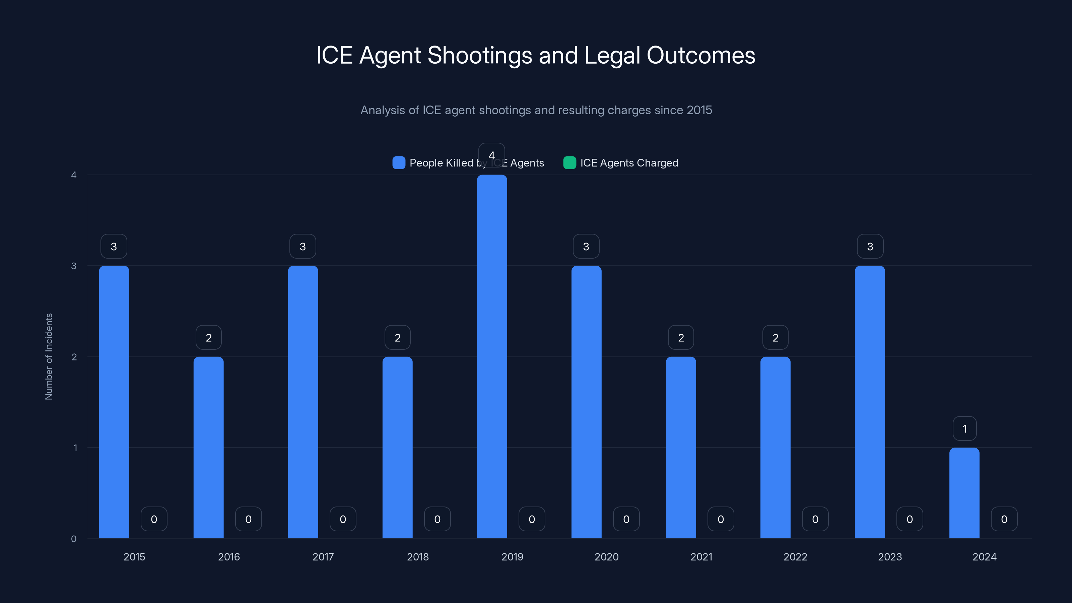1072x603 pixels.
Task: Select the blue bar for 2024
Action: (964, 493)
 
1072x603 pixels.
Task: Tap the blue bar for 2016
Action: (208, 447)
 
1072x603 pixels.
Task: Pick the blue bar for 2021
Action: (681, 447)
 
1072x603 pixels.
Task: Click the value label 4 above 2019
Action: (491, 155)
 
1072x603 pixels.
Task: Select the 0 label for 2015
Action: (154, 519)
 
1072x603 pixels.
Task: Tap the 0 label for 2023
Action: (910, 519)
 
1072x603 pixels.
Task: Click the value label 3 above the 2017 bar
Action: (303, 246)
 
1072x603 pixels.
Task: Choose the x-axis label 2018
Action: (418, 557)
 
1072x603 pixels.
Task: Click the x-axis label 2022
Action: (795, 557)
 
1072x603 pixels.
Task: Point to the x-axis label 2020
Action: (606, 557)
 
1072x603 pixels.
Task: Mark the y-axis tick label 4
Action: (74, 175)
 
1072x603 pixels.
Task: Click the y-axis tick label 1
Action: (75, 448)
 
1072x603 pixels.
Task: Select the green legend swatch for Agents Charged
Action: (569, 163)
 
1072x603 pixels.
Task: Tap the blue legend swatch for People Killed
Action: (399, 163)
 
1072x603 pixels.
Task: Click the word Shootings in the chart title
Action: (479, 55)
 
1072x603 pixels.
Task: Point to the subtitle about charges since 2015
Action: (536, 110)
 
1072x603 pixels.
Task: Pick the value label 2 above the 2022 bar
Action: (775, 337)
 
